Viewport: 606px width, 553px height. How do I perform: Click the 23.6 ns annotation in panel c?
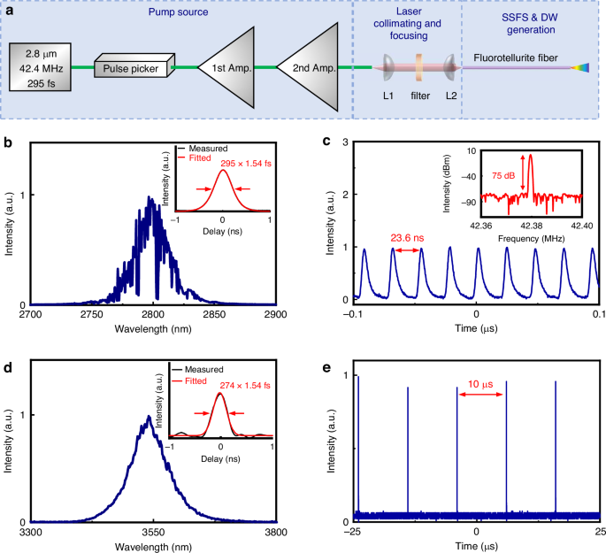[406, 237]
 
